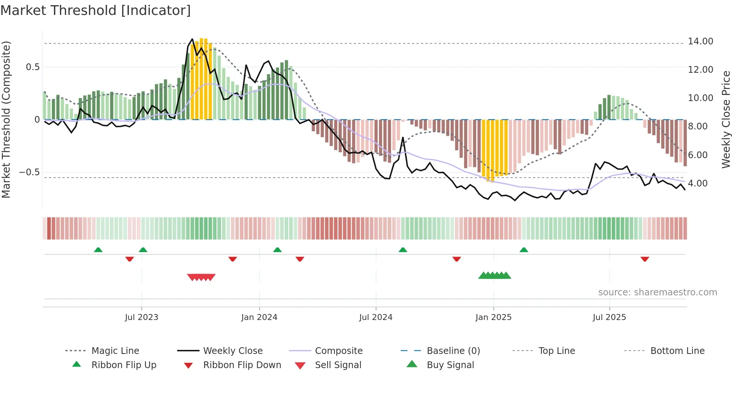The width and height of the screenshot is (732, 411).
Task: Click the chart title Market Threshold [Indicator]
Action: (x=96, y=10)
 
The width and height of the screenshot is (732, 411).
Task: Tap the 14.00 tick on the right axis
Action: (x=700, y=41)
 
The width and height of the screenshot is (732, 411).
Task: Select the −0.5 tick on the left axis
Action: (x=30, y=172)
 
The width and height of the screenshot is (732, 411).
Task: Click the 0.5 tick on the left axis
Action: (x=32, y=67)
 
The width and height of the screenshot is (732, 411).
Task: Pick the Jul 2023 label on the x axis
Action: (x=142, y=317)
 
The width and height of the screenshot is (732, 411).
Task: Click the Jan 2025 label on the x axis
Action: (x=493, y=317)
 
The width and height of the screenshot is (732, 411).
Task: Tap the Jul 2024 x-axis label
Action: (x=376, y=317)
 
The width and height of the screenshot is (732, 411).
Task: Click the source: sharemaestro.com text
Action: (x=657, y=292)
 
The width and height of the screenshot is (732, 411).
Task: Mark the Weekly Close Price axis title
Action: (x=726, y=119)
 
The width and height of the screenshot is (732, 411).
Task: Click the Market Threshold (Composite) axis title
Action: (x=6, y=119)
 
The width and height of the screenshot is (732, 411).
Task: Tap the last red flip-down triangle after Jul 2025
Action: (x=645, y=259)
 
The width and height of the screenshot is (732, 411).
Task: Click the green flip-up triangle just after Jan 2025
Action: (x=524, y=250)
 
